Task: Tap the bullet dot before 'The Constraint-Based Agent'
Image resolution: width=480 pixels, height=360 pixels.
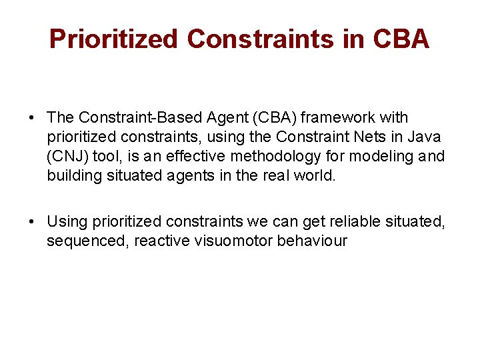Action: coord(33,118)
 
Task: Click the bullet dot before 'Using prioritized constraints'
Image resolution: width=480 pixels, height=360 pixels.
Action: coord(33,222)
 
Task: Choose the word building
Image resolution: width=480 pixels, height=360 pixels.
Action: coord(75,176)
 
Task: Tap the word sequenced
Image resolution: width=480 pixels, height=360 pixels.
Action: coord(88,241)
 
